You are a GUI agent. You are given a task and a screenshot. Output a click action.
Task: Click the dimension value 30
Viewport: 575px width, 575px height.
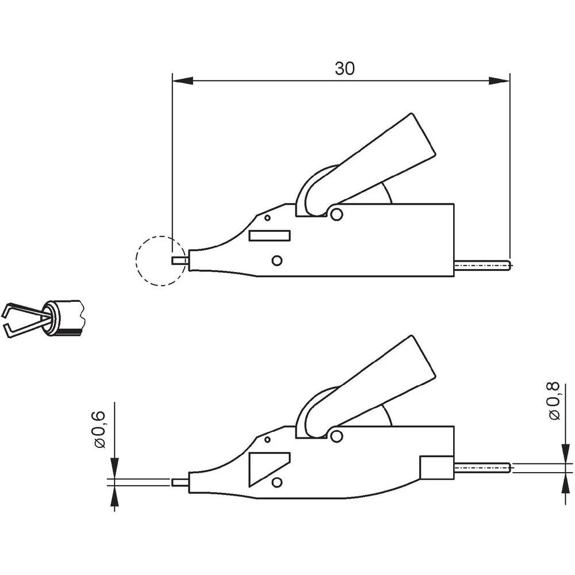(345, 68)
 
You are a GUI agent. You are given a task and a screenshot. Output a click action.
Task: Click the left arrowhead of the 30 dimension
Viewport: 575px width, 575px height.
(182, 81)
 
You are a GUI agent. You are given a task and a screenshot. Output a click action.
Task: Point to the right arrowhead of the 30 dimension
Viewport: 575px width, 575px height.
(500, 81)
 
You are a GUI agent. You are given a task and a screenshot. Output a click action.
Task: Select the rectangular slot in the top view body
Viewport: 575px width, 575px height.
(270, 235)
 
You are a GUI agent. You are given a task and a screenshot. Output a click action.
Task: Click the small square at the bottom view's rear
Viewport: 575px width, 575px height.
(437, 467)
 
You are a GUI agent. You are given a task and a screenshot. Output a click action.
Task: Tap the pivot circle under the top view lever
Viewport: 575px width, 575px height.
(337, 214)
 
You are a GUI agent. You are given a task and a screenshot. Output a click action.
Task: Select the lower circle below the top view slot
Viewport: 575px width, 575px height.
(277, 261)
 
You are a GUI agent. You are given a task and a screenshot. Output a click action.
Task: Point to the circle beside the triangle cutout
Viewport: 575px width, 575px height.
(277, 482)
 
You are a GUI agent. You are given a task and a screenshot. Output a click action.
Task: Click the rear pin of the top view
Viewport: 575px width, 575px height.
(483, 265)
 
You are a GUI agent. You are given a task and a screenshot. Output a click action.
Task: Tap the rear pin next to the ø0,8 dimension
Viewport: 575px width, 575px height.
(483, 468)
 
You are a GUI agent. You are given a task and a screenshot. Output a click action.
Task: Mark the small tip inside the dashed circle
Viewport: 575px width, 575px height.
(179, 260)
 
